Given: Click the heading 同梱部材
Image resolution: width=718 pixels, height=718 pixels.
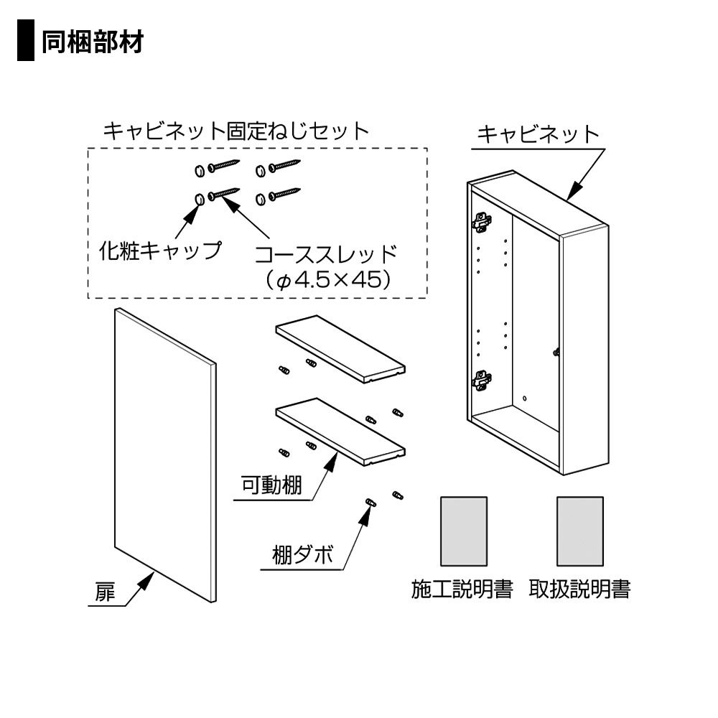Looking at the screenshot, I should [93, 42].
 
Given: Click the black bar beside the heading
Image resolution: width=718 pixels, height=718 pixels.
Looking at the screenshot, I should [26, 42].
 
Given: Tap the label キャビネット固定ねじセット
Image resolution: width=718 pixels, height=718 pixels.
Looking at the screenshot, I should [236, 131].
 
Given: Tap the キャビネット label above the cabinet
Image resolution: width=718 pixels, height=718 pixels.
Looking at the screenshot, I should [538, 134].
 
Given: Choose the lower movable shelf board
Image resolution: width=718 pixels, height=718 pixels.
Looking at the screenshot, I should [340, 431].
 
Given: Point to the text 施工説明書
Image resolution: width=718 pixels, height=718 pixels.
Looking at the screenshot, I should [462, 589].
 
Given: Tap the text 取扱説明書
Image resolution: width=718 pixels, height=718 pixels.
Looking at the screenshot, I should [579, 589].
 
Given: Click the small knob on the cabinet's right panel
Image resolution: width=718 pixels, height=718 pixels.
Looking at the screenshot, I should [556, 352].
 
